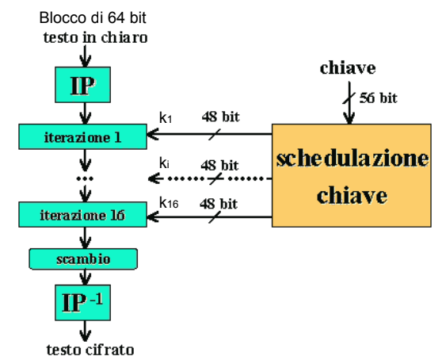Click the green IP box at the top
click(82, 85)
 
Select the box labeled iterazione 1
click(82, 136)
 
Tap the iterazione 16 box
click(82, 215)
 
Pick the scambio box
click(83, 259)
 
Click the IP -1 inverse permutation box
click(82, 302)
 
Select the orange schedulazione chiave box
click(352, 175)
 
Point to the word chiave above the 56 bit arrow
click(348, 68)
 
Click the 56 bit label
click(379, 98)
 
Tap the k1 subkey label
click(166, 117)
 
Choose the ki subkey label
click(164, 163)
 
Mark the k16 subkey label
click(169, 203)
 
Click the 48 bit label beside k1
click(221, 117)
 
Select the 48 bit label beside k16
click(219, 204)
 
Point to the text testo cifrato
click(90, 350)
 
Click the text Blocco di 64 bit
click(93, 18)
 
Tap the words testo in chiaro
click(95, 37)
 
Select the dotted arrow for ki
click(210, 179)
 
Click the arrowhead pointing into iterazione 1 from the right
click(152, 134)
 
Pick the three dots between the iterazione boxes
click(85, 179)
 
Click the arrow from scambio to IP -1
click(85, 277)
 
